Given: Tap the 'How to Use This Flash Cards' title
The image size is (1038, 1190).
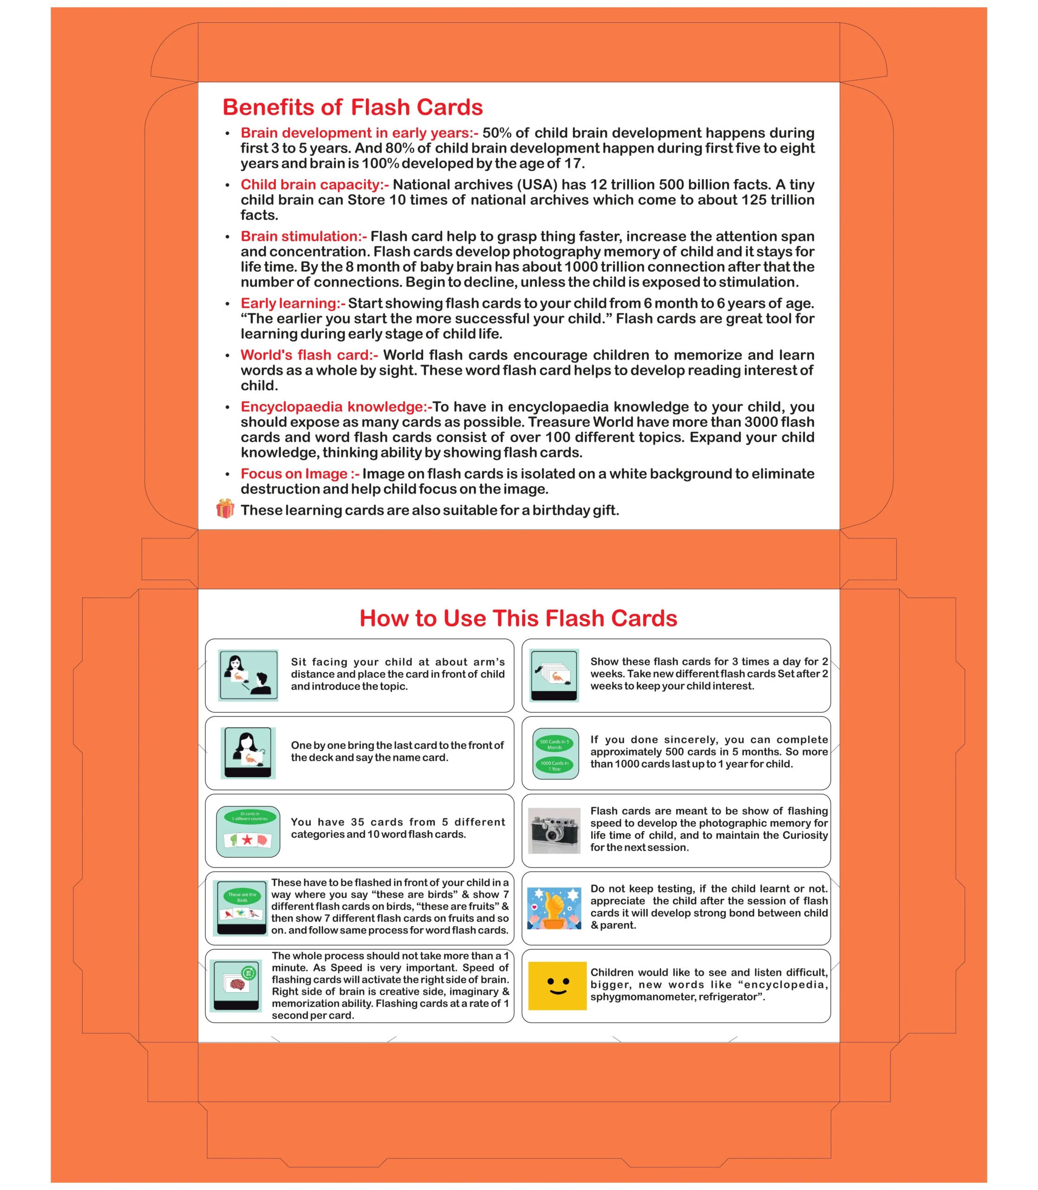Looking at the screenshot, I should coord(518,619).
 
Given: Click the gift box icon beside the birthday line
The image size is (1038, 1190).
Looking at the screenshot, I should coord(225,509).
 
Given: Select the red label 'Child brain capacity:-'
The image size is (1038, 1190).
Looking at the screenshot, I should coord(314,185).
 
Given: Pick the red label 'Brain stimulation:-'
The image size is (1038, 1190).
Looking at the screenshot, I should coord(304,237).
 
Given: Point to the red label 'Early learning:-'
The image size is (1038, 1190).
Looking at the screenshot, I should coord(293,304).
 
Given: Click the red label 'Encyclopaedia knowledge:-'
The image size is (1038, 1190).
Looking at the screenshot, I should coord(336,407).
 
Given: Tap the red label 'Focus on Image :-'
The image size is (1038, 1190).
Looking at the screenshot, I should coord(300,474).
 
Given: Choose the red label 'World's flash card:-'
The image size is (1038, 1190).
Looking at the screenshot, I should coord(309,355).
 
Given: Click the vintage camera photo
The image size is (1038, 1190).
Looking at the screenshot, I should coord(555,830).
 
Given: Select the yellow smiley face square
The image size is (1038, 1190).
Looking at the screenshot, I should coord(557,986).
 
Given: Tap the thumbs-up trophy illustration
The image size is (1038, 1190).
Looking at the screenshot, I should coord(555,908).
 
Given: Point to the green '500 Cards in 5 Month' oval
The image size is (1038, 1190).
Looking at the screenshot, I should coord(555,744).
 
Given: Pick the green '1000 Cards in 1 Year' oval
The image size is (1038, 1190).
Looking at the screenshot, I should coord(555,766).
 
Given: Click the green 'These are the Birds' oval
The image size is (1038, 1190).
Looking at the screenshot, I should coord(242,897).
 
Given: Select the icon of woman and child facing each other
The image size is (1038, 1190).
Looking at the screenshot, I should coord(248,674).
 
